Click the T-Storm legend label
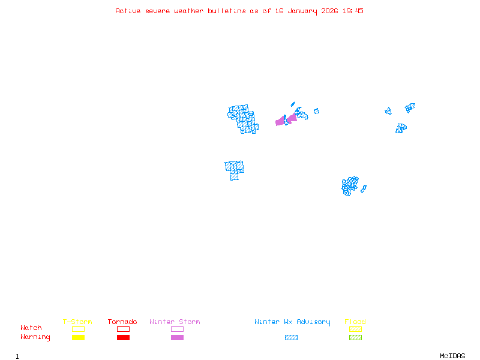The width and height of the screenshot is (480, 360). (77, 322)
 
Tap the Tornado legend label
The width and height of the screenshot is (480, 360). (122, 322)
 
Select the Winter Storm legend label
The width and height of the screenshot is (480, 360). (175, 322)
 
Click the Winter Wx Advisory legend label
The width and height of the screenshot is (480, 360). (292, 322)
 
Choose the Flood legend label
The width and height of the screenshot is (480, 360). (355, 322)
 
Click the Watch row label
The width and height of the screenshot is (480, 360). (31, 328)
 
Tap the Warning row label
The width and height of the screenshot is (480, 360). (35, 337)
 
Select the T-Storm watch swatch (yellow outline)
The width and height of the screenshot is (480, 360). (78, 329)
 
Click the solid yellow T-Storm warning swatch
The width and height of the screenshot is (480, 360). (78, 338)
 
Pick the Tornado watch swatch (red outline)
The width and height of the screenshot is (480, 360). (123, 329)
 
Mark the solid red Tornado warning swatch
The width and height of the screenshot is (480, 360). (123, 338)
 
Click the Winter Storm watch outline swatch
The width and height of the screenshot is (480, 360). (177, 329)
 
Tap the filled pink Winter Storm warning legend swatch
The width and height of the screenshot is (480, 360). (177, 338)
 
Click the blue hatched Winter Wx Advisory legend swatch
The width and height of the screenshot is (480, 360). (291, 338)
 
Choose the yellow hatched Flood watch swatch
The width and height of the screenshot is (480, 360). (355, 329)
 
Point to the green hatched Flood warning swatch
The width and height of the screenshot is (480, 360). (355, 338)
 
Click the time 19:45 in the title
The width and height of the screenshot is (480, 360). (353, 11)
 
